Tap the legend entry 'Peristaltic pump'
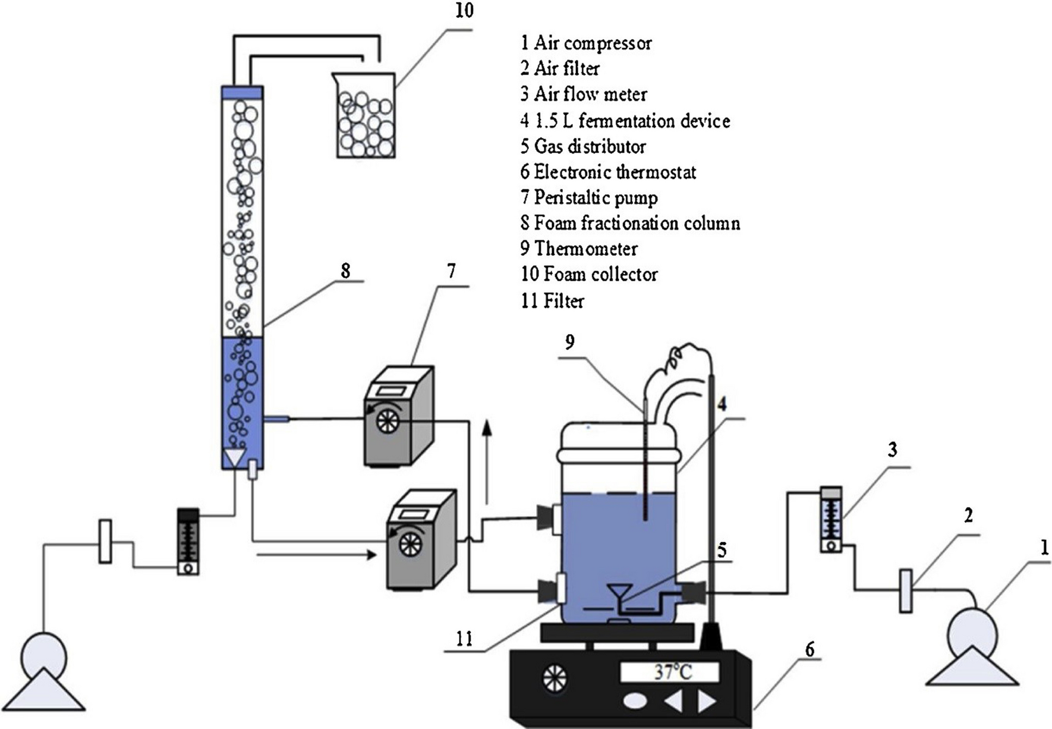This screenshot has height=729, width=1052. (589, 197)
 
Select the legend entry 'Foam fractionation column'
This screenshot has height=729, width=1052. (630, 223)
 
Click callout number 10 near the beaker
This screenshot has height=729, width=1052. (464, 11)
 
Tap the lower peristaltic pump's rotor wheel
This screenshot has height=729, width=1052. (409, 542)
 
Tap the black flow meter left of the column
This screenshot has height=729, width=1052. (188, 542)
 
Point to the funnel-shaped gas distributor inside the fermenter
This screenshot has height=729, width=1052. (620, 595)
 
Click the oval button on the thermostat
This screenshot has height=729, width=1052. (635, 701)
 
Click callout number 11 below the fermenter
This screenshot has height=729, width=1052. (464, 639)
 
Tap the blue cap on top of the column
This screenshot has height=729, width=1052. (241, 92)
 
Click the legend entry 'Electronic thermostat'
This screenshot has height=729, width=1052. (608, 172)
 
